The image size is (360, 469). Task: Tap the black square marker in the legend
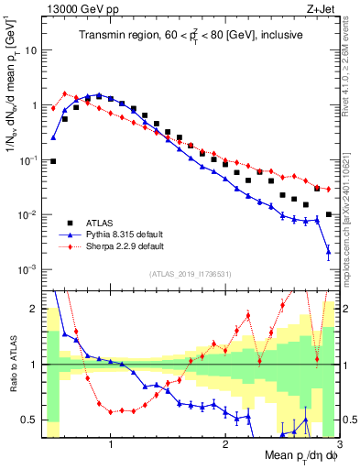coord(65,223)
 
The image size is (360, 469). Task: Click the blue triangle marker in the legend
coord(65,234)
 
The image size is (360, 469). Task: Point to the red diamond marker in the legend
coord(65,246)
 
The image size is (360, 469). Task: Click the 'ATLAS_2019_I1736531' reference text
coord(189,274)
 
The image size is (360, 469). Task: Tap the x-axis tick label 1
coord(111,447)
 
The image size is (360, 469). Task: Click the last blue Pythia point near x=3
coord(328,252)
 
